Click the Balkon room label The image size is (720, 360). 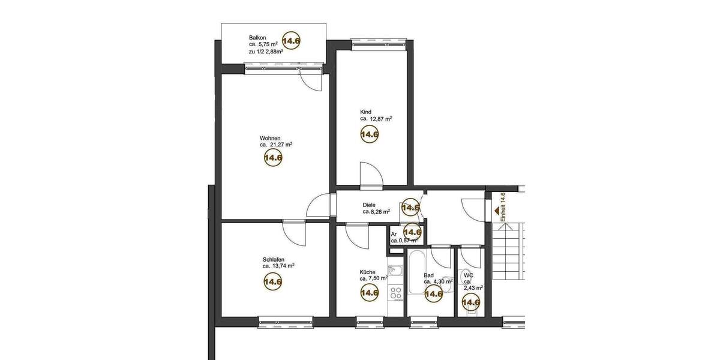[259, 37]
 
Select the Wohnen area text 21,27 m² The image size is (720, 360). [276, 145]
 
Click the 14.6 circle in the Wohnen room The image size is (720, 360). [273, 158]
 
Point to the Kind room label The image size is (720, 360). [366, 112]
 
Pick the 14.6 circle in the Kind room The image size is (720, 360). [369, 135]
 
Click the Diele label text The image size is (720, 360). [370, 204]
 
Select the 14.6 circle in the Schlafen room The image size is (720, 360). [273, 281]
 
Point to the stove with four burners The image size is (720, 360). [395, 293]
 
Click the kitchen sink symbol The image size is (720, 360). [394, 270]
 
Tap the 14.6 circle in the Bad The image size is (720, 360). [433, 293]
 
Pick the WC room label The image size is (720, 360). [468, 275]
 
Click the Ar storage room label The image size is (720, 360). [394, 234]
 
